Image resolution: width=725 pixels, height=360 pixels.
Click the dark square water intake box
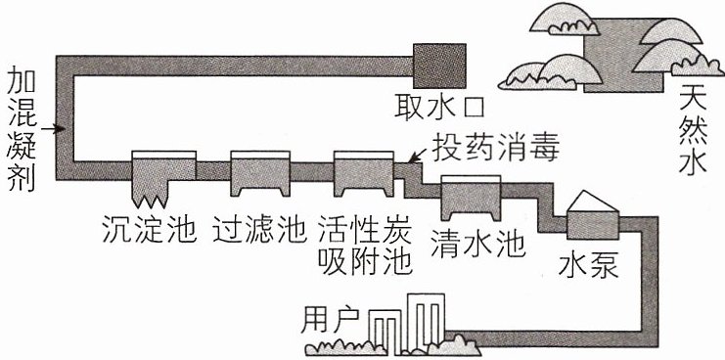(x=439, y=67)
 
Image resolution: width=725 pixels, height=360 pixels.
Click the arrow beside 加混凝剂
(x=52, y=128)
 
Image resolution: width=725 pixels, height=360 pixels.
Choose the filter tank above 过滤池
(x=260, y=174)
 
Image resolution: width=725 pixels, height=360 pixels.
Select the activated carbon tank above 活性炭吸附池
(x=363, y=174)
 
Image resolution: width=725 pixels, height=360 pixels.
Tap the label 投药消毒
(x=496, y=148)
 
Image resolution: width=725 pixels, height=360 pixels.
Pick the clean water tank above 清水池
(x=472, y=198)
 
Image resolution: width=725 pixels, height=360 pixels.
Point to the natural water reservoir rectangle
(x=624, y=56)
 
